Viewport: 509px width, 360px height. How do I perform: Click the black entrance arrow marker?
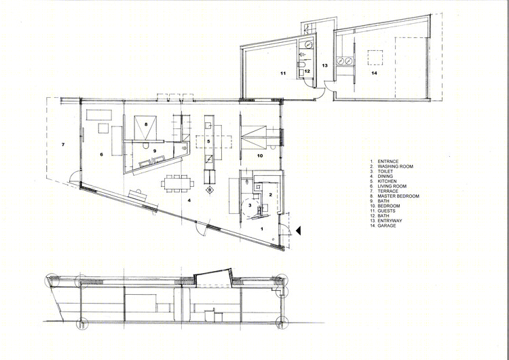pos(299,230)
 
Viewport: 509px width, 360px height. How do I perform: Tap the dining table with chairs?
pos(178,183)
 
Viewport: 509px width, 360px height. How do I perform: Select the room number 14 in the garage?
pos(374,73)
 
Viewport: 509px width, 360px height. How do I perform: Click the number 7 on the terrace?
pos(63,145)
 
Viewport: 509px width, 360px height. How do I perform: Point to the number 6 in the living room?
pos(101,155)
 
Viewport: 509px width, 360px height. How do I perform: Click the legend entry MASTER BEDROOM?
pos(398,196)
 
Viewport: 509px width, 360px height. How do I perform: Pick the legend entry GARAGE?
pos(387,226)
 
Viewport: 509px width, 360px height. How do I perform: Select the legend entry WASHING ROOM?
pos(396,166)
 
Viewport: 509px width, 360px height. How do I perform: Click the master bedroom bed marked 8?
pos(145,128)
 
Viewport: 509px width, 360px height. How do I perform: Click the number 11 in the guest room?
pos(283,73)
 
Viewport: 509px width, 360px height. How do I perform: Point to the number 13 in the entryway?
pos(324,66)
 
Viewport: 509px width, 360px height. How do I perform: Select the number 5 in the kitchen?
pos(209,141)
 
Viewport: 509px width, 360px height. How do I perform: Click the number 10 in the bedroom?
pos(260,156)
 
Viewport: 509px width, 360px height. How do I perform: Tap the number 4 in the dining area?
pos(189,200)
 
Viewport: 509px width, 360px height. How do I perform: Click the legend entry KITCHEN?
pos(387,181)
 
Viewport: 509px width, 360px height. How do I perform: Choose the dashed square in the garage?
pos(375,58)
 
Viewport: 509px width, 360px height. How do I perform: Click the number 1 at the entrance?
pos(262,229)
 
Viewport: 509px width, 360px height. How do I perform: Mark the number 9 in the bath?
pos(155,151)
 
